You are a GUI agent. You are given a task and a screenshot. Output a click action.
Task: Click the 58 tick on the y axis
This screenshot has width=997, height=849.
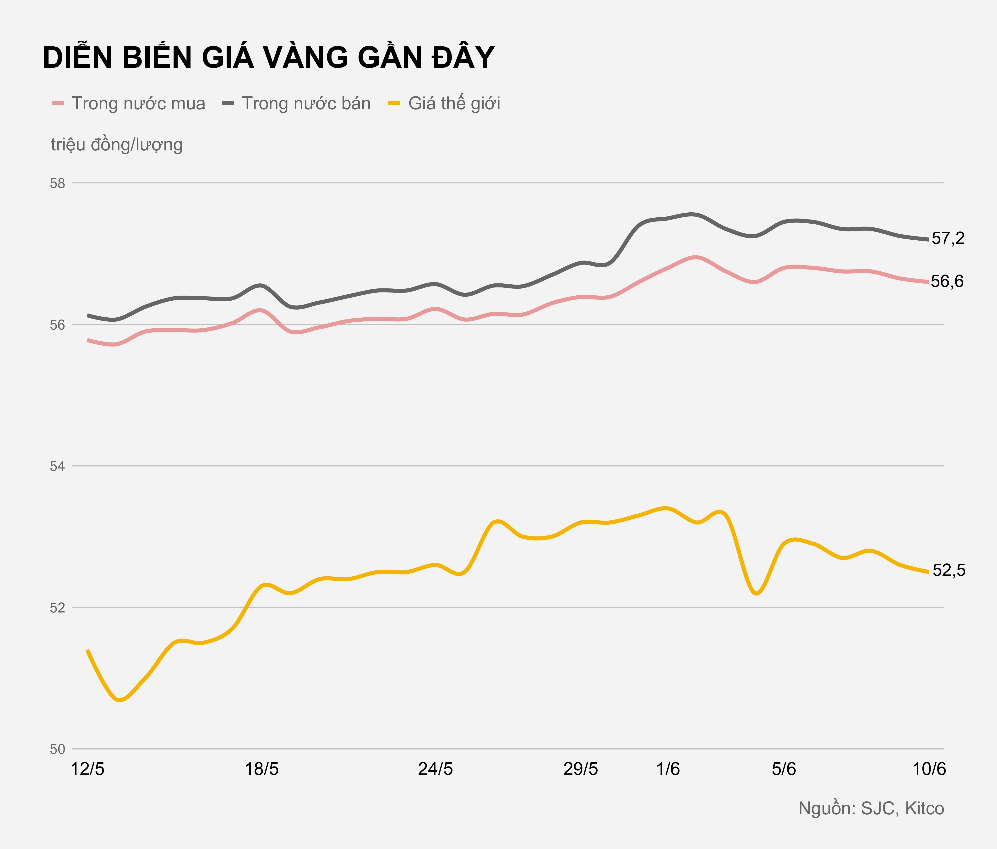(x=57, y=183)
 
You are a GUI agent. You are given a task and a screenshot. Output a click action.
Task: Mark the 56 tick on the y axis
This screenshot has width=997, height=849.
(x=57, y=325)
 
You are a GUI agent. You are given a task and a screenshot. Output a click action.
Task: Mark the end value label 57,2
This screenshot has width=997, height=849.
(x=948, y=238)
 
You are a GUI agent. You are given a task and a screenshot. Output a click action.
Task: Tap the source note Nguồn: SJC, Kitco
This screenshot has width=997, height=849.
(x=871, y=809)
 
